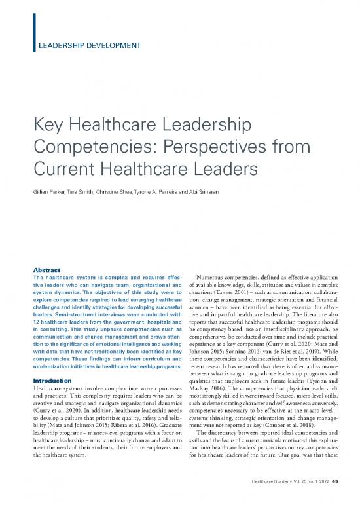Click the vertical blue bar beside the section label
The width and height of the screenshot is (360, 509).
point(32,32)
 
